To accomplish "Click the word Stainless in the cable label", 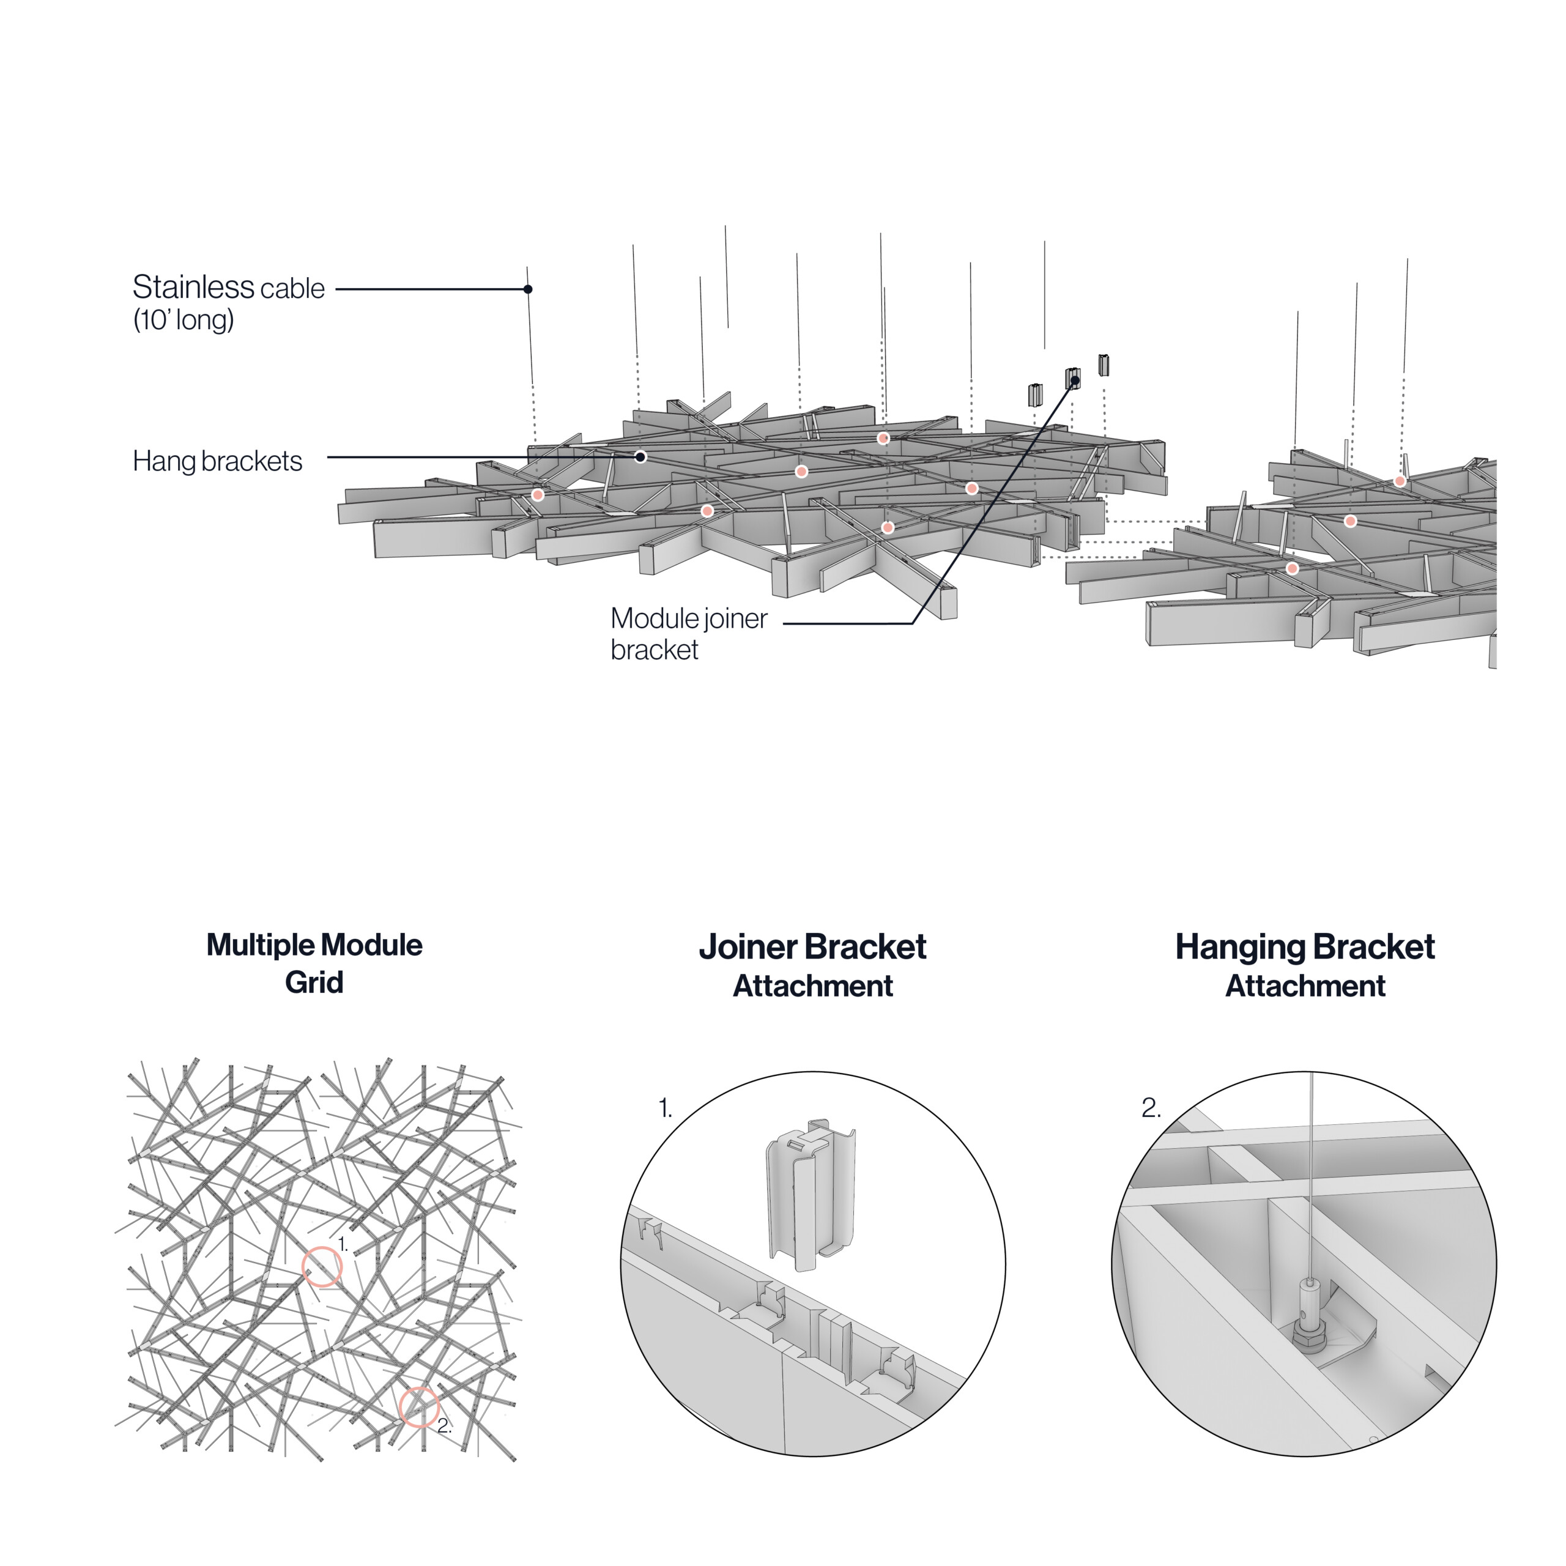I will point(194,287).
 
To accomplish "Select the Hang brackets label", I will point(217,461).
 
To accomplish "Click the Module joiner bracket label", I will point(688,633).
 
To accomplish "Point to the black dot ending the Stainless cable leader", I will point(528,289).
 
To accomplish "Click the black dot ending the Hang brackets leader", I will point(640,457).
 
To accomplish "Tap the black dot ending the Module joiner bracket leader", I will point(1075,379).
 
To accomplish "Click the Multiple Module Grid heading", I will point(314,963).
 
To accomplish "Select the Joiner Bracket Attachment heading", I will point(812,965).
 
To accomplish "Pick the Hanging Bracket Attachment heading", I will point(1305,965).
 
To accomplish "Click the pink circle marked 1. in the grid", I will point(322,1267).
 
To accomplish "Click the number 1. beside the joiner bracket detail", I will point(666,1109).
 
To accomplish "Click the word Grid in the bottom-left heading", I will point(314,982).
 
